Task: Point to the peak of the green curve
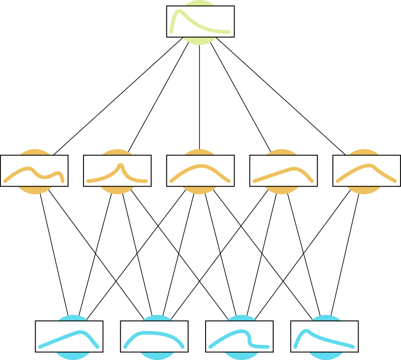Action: click(x=179, y=12)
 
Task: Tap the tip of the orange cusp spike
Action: click(x=121, y=165)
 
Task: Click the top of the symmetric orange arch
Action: click(x=201, y=166)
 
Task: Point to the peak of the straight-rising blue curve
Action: click(x=83, y=331)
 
